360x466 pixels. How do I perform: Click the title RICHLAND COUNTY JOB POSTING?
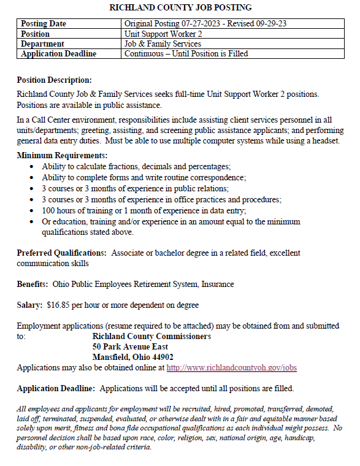click(x=180, y=7)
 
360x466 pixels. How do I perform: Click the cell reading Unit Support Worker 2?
click(x=163, y=34)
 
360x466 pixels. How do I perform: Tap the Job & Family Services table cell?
click(x=163, y=44)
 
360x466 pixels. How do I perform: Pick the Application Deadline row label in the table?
click(x=58, y=53)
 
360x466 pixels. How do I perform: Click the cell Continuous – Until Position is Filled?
click(x=186, y=53)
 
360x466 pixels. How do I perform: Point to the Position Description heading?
click(x=54, y=80)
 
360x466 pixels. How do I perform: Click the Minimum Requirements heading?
click(x=62, y=155)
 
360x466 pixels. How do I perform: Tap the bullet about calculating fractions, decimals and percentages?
click(x=136, y=167)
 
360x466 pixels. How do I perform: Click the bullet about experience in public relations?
click(x=153, y=188)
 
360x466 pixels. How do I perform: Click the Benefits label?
click(x=32, y=284)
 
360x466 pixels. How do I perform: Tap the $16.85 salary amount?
click(x=59, y=305)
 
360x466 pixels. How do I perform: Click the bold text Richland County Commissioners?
click(x=151, y=337)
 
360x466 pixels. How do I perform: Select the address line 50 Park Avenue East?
click(x=130, y=346)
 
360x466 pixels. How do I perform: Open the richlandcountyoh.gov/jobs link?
click(x=232, y=367)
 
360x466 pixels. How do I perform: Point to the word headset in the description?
click(x=326, y=141)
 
